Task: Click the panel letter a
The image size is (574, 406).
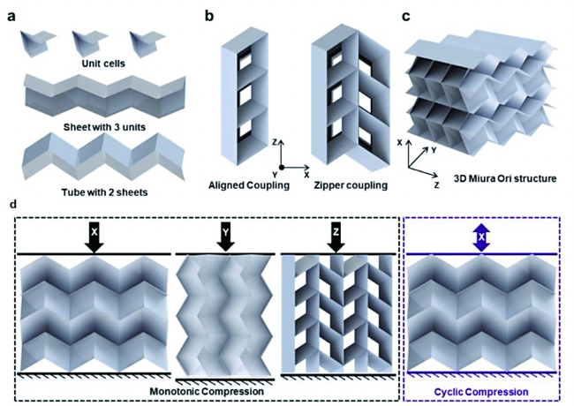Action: point(11,17)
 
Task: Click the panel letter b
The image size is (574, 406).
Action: point(209,16)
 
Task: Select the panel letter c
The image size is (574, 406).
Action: point(406,17)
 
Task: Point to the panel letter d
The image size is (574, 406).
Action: point(13,204)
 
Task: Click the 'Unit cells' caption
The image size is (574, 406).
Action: point(103,64)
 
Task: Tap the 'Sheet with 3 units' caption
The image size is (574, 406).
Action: point(104,127)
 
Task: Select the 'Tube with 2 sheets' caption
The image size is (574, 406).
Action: point(104,192)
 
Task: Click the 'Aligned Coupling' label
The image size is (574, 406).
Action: point(249,185)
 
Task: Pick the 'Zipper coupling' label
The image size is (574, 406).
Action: point(351,185)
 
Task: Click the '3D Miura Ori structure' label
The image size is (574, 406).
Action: point(505,179)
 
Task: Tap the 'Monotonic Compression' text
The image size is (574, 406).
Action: point(207,391)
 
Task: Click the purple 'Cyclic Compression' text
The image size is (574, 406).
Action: point(481,393)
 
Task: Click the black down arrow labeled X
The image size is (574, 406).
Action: point(94,237)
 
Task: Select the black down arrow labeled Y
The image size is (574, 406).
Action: point(226,237)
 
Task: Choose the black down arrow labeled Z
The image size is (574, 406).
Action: point(336,237)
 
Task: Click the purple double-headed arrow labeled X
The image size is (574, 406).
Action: point(481,237)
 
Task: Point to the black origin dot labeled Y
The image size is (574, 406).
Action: point(282,168)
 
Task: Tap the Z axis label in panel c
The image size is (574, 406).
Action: point(436,186)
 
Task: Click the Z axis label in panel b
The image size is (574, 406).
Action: point(274,142)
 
